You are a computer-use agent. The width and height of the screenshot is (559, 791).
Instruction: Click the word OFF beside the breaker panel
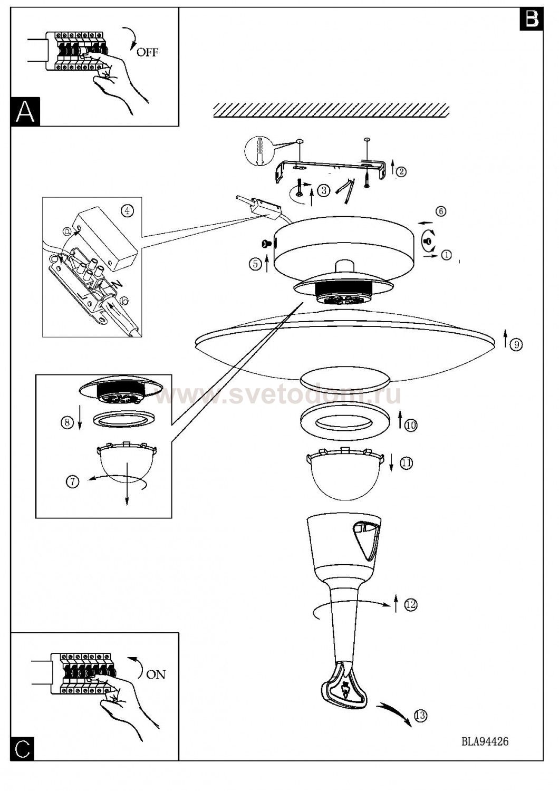tap(147, 52)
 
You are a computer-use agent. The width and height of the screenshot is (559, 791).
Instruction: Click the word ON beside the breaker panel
tap(156, 674)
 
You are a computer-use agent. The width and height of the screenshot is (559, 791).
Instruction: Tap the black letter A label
tap(25, 112)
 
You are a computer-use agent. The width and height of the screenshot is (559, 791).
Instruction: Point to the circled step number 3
tap(323, 191)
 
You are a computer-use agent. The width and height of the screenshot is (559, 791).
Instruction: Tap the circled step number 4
tap(127, 211)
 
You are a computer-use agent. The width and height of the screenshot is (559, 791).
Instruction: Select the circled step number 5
tap(255, 265)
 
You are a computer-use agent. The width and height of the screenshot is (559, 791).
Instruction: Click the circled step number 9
tap(516, 344)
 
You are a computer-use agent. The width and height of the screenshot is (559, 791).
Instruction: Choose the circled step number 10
tap(411, 425)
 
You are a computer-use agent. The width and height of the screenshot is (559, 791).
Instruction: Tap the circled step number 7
tap(73, 481)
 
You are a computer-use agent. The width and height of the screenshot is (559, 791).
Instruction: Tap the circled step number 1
tap(447, 255)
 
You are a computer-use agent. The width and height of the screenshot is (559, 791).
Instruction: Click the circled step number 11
tap(406, 463)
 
